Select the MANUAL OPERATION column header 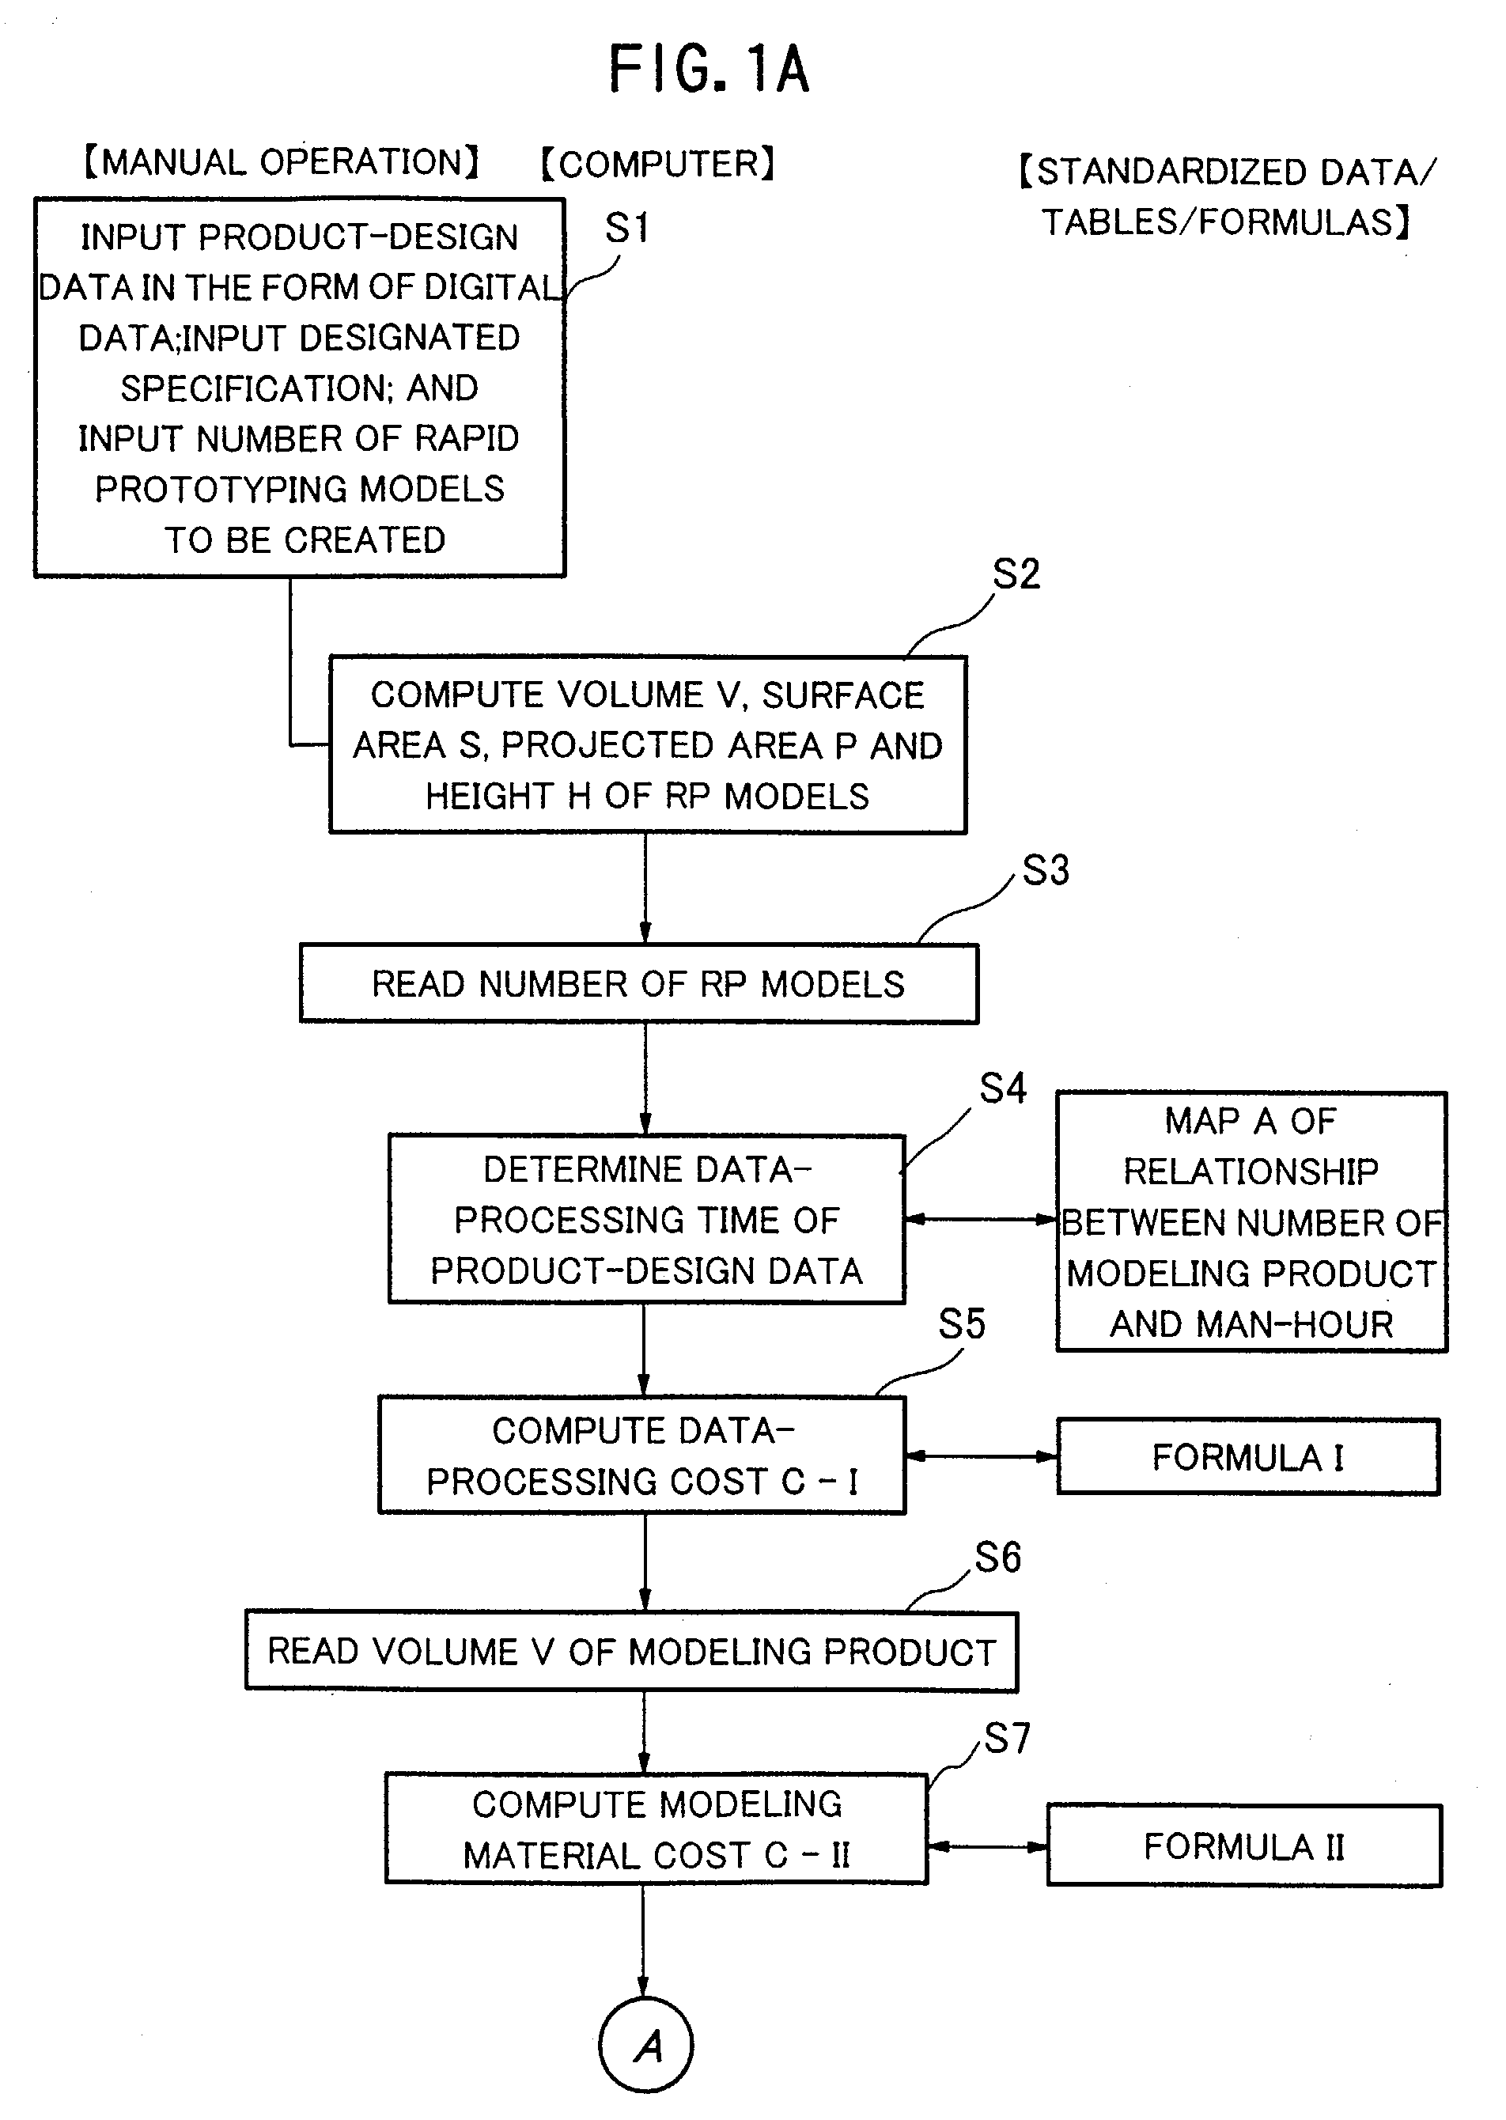pos(281,161)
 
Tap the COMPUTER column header pos(657,165)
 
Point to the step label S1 pos(627,228)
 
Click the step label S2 pos(1016,574)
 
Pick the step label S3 pos(1046,870)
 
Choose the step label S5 pos(962,1324)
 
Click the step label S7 pos(1007,1738)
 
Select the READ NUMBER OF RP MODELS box pos(639,984)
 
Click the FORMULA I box pos(1248,1457)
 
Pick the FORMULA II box pos(1244,1846)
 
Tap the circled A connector pos(646,2045)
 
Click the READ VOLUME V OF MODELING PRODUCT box pos(631,1652)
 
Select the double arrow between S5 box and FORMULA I pos(981,1456)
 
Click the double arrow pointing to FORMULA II pos(988,1846)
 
